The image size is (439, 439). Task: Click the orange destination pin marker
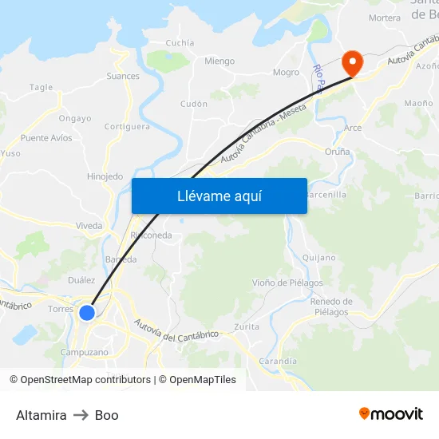click(x=351, y=62)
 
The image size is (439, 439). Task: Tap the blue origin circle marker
click(x=87, y=313)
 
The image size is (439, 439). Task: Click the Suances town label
click(x=123, y=77)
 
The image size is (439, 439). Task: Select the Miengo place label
click(x=219, y=61)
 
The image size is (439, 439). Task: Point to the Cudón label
click(x=194, y=104)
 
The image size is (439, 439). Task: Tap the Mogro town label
click(x=287, y=73)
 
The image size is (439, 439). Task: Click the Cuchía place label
click(x=180, y=43)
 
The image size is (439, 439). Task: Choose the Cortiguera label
click(x=127, y=126)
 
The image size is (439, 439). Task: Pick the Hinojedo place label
click(x=105, y=176)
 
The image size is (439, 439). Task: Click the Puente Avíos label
click(x=46, y=138)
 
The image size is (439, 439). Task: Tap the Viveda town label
click(x=89, y=226)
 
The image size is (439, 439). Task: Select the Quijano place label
click(x=319, y=257)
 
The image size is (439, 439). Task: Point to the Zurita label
click(x=247, y=326)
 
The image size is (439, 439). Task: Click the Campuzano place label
click(x=84, y=352)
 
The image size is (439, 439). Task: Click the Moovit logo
click(x=391, y=414)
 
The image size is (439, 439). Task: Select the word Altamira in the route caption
click(x=41, y=415)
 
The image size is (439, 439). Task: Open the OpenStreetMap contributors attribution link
click(x=85, y=380)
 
